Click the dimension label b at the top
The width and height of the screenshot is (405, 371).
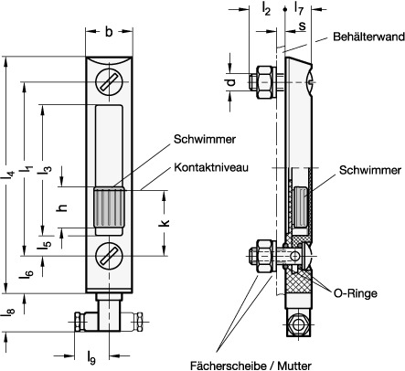coord(109,31)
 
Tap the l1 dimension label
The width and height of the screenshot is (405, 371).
coord(27,172)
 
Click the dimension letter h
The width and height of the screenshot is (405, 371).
coord(62,207)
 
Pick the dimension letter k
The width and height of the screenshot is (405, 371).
coord(164,223)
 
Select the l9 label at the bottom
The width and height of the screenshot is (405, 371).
coord(91,357)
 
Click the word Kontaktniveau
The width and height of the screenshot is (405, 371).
coord(211,167)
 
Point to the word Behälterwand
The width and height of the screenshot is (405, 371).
coord(368,37)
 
